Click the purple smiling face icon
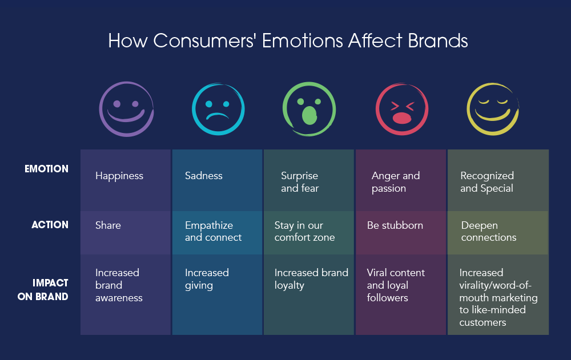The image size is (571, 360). point(126,108)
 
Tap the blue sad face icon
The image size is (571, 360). point(218,108)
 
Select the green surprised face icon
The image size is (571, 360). point(309,108)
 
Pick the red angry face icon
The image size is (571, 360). point(401,108)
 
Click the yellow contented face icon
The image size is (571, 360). point(492,108)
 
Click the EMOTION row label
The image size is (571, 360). point(47,169)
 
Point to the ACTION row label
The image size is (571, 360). point(50,225)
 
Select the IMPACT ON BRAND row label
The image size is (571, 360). point(50,290)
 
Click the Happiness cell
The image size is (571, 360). point(119,176)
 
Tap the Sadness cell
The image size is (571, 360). point(204,176)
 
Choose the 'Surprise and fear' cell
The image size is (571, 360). point(300,182)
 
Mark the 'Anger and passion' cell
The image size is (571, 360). point(395,182)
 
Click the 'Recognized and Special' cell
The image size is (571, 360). point(487,182)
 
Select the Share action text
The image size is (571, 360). point(108,225)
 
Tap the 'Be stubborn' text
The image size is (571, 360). point(395,225)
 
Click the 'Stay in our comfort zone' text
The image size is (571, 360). point(304,231)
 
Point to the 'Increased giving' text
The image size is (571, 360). point(207,279)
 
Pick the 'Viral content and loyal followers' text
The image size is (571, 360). point(396,285)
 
